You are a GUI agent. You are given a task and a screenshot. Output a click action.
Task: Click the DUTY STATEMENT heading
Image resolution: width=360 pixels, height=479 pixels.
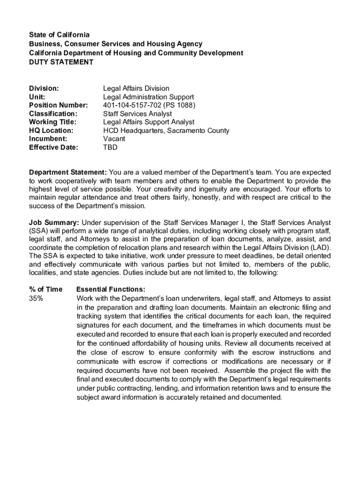pos(61,62)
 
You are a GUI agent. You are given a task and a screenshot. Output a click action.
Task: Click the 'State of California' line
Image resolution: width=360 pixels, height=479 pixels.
pos(59,35)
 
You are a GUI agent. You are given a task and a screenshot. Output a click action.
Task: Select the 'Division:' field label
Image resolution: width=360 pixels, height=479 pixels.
pos(44,88)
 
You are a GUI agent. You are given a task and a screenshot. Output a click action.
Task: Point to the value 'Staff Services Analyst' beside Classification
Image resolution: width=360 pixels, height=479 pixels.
pos(137,114)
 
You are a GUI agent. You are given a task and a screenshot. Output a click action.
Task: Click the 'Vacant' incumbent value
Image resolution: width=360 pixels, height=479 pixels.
pos(114,139)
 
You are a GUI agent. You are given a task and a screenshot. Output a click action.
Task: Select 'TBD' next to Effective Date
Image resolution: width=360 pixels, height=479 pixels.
pos(110,147)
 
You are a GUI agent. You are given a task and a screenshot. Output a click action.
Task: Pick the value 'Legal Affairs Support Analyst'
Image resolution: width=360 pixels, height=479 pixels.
pos(149,122)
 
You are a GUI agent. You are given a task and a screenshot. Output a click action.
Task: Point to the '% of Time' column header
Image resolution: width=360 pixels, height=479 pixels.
pos(45,290)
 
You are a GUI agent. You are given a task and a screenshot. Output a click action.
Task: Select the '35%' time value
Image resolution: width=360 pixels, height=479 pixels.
pos(36,298)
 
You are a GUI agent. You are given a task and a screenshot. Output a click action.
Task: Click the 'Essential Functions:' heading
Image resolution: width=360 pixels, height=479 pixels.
pos(110,290)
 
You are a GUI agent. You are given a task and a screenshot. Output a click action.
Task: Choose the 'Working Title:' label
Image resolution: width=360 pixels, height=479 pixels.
pos(53,122)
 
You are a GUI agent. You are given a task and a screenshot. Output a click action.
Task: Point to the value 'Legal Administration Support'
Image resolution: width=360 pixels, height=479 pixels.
pos(148,97)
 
